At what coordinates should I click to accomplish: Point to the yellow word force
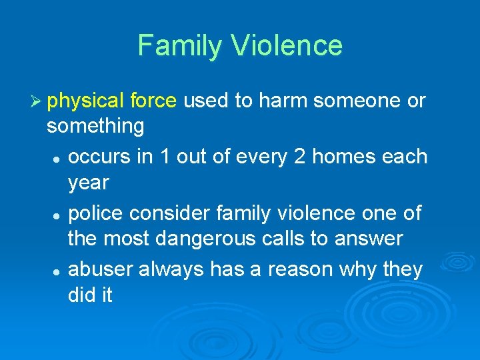point(153,101)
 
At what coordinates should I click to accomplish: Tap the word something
point(95,125)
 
